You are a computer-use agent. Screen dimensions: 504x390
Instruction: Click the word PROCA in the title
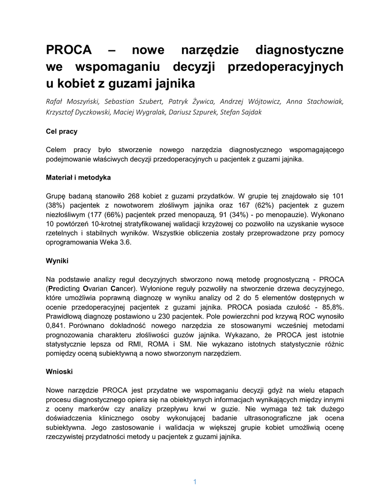(x=69, y=50)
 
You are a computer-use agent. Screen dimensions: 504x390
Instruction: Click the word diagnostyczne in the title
(x=300, y=50)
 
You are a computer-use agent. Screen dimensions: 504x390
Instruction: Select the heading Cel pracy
(x=62, y=132)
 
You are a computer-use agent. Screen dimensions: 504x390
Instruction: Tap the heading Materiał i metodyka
(x=78, y=177)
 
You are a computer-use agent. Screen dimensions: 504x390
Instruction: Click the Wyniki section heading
(x=57, y=260)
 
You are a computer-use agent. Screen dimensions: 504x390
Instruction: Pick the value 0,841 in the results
(x=56, y=325)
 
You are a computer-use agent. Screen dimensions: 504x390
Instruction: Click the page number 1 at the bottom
(x=195, y=482)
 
